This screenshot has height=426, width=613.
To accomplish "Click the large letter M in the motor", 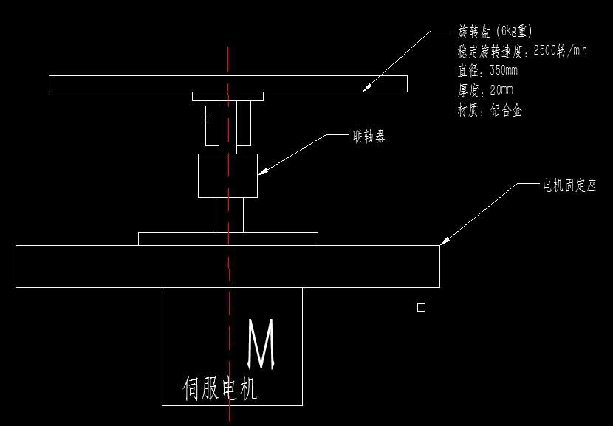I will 261,344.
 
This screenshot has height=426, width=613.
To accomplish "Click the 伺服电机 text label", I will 220,388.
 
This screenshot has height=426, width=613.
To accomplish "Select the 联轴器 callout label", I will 369,137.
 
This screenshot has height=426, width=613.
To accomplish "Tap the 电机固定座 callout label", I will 569,185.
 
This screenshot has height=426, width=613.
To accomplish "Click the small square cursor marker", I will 421,308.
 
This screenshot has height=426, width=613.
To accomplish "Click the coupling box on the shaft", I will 227,176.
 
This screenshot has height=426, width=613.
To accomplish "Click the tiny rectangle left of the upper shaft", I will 207,120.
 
